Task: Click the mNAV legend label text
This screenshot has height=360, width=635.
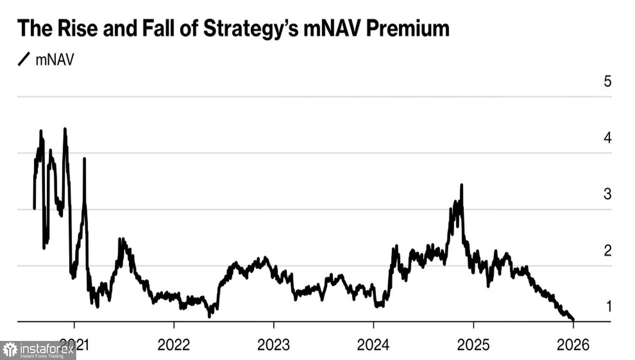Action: [x=55, y=60]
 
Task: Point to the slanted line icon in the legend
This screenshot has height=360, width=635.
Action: [x=24, y=59]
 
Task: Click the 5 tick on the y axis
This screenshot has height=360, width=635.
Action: [x=607, y=81]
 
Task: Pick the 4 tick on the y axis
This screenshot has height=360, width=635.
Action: [x=607, y=138]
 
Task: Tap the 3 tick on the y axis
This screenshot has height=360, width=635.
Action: [x=607, y=194]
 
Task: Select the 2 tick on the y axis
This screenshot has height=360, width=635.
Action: [x=607, y=250]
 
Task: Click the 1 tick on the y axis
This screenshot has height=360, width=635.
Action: [x=609, y=306]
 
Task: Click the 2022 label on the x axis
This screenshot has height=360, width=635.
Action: [x=174, y=345]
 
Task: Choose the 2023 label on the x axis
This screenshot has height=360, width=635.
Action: [x=273, y=345]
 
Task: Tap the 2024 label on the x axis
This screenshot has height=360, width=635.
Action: [x=373, y=345]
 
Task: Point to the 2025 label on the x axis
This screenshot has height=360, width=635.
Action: [x=473, y=345]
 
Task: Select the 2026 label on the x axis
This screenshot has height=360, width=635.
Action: [x=573, y=345]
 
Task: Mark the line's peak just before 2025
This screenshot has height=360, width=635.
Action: [x=461, y=185]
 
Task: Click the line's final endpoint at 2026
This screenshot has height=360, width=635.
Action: [x=573, y=320]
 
